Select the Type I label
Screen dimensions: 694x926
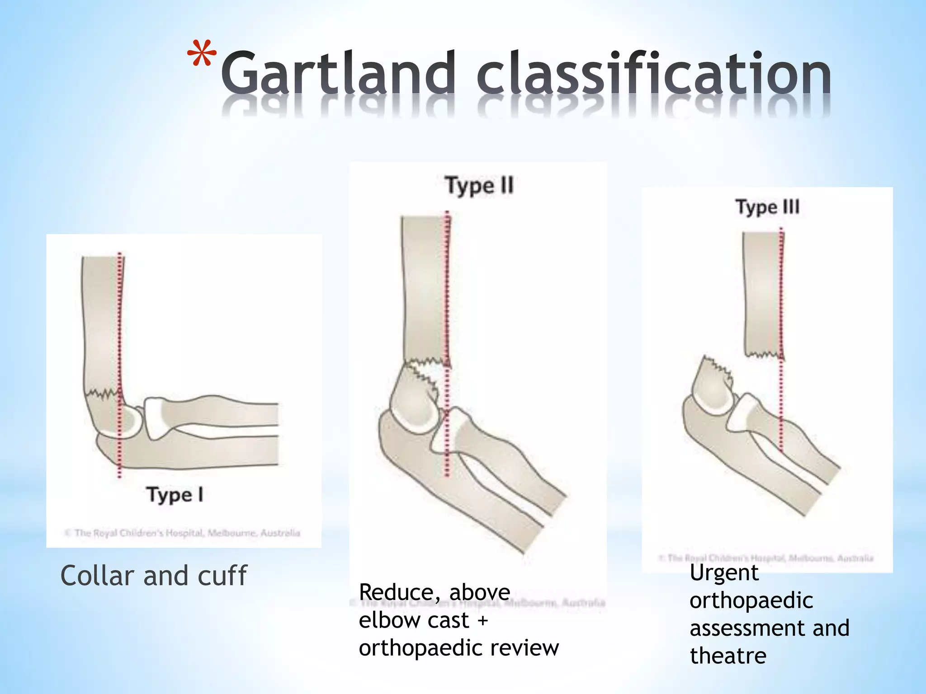pos(175,495)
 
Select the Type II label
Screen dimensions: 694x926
pos(479,186)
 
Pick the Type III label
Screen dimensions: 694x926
pos(767,207)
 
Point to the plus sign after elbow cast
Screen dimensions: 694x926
pos(483,620)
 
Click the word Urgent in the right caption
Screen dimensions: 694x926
pos(724,573)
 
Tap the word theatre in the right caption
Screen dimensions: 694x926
pos(728,656)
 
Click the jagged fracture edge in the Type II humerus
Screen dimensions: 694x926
pos(425,361)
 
